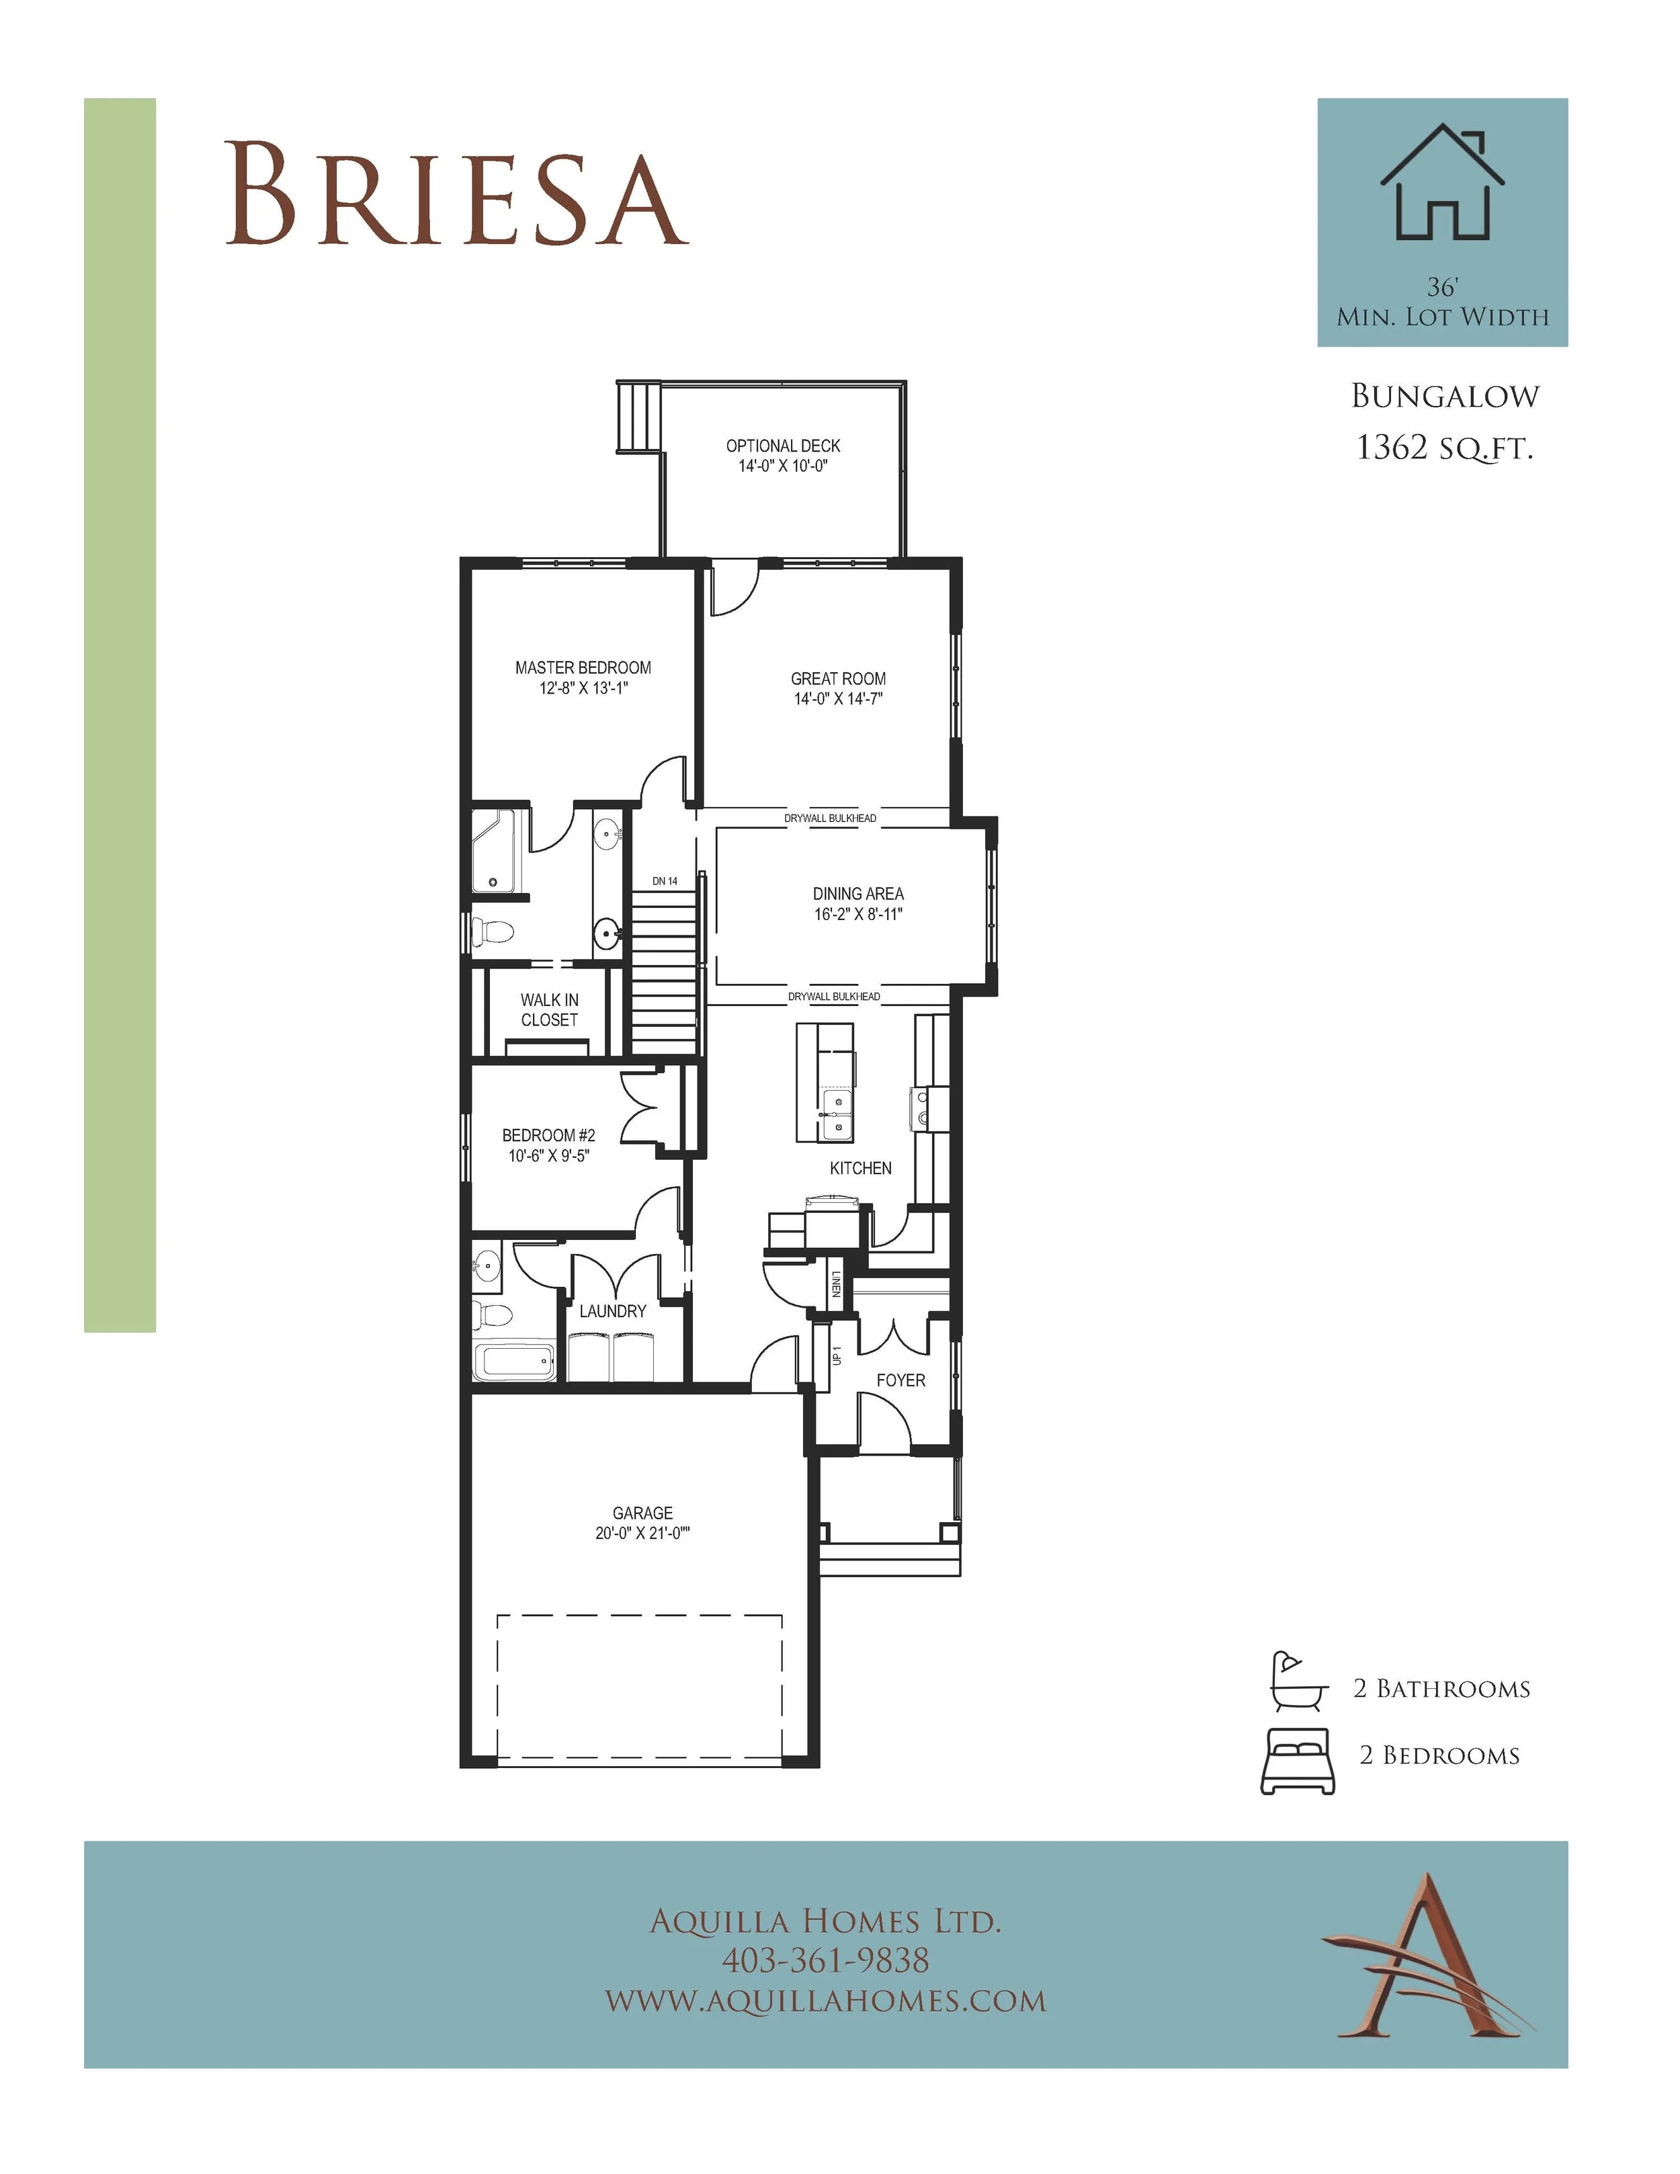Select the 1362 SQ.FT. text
pos(1444,448)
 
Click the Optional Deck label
pos(784,446)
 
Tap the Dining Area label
pos(858,894)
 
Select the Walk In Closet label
pos(550,1009)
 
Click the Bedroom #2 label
pos(548,1135)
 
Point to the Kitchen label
pos(861,1167)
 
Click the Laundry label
pos(613,1311)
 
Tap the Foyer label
pos(900,1380)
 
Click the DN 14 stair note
pos(665,881)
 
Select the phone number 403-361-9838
pos(825,1960)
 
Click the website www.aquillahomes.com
pos(825,2000)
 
